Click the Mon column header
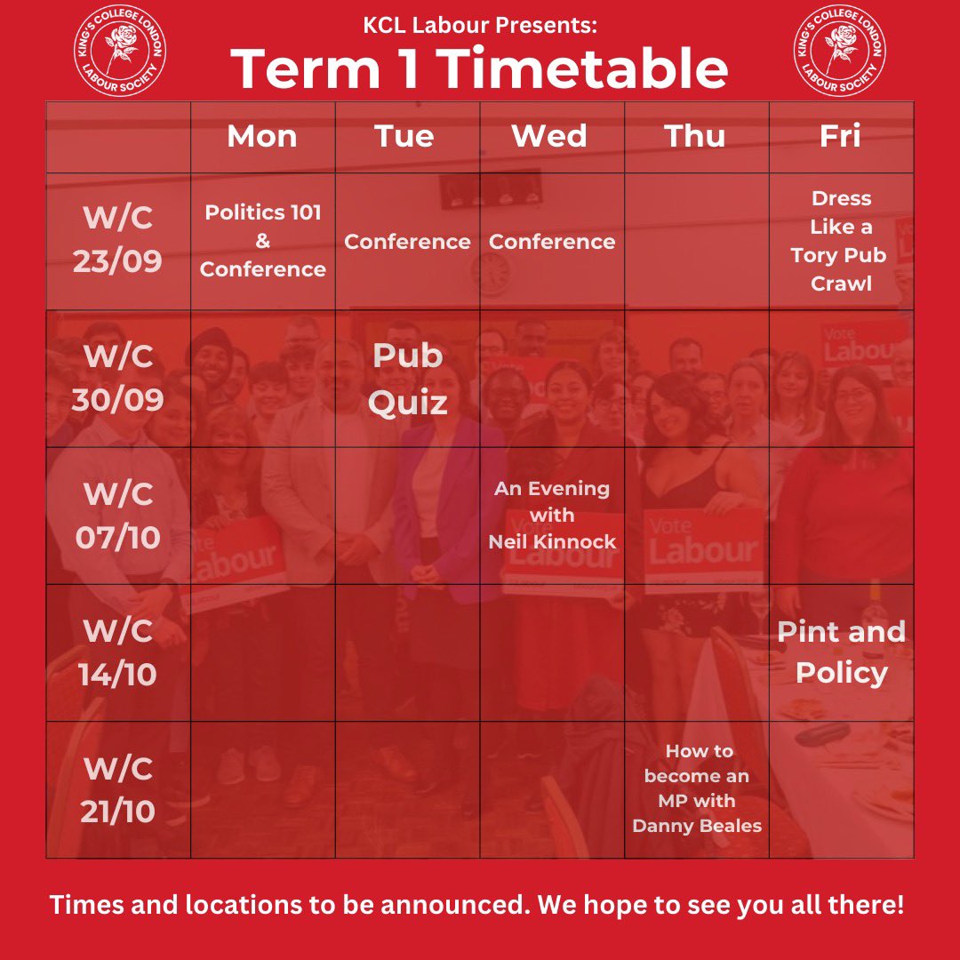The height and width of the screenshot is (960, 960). tap(262, 137)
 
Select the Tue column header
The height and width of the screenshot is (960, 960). tap(404, 137)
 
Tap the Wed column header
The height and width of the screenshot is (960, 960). tap(549, 137)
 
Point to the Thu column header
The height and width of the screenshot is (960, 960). tap(694, 137)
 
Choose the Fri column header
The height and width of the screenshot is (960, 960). tap(840, 137)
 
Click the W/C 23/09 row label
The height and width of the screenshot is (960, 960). tap(118, 241)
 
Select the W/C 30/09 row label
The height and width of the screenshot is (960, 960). tap(118, 378)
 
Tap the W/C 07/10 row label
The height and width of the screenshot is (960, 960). tap(118, 515)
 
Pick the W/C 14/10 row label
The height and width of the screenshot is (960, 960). tap(118, 652)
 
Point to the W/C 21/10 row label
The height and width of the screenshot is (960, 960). tap(118, 788)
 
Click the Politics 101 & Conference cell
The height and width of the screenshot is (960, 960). tap(263, 241)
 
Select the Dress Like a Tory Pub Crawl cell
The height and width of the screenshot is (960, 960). tap(841, 241)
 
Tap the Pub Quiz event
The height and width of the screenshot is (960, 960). tap(408, 379)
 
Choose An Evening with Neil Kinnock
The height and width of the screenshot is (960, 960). tap(552, 515)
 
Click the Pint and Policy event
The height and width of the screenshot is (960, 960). tap(841, 652)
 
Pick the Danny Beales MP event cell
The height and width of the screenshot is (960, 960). tap(697, 788)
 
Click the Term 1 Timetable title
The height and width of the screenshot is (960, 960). tap(480, 68)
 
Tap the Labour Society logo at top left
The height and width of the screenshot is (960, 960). tap(120, 52)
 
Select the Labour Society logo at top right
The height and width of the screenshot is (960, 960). tap(839, 52)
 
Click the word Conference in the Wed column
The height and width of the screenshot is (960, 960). tap(552, 242)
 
